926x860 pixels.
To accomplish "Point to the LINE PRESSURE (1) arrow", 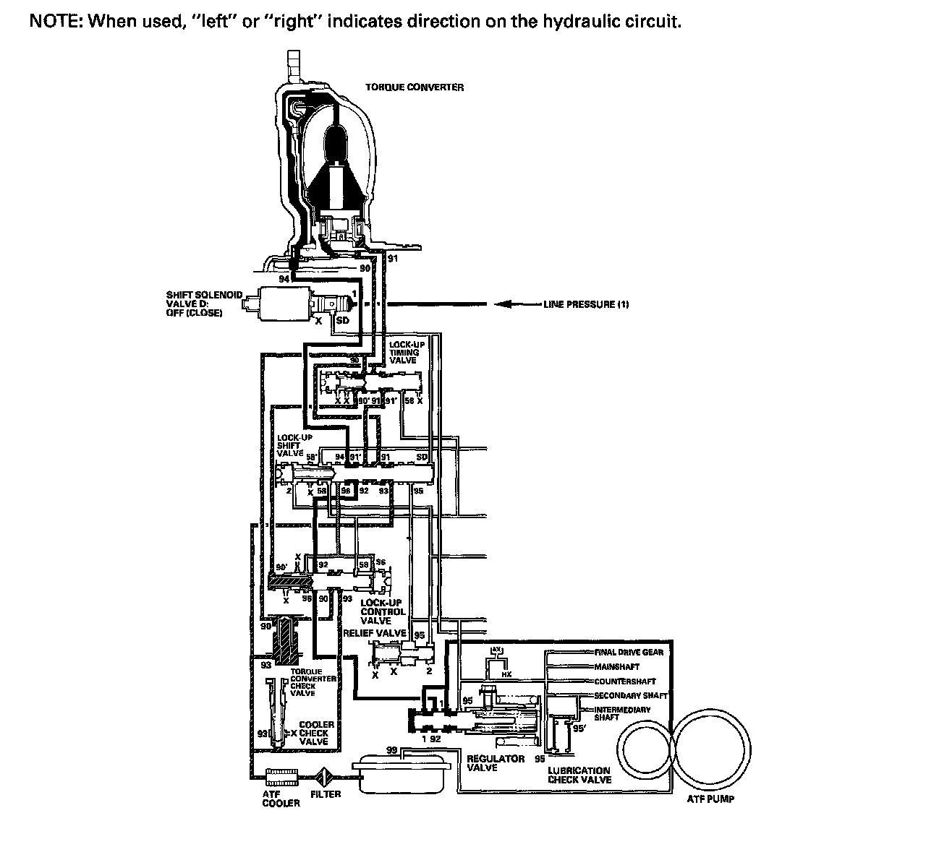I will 517,304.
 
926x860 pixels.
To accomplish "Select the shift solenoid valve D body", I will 282,304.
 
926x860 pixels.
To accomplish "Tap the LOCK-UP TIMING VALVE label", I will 407,352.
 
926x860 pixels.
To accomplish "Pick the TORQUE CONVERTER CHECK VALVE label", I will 313,681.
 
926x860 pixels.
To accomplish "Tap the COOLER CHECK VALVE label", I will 317,733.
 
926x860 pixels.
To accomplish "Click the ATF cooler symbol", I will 281,776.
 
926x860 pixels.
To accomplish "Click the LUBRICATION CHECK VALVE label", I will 579,775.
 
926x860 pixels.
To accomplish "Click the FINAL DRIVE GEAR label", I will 628,652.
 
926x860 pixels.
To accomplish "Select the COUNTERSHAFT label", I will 624,681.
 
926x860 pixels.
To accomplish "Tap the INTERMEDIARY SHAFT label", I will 622,714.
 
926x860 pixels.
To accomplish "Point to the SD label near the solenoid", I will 343,320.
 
